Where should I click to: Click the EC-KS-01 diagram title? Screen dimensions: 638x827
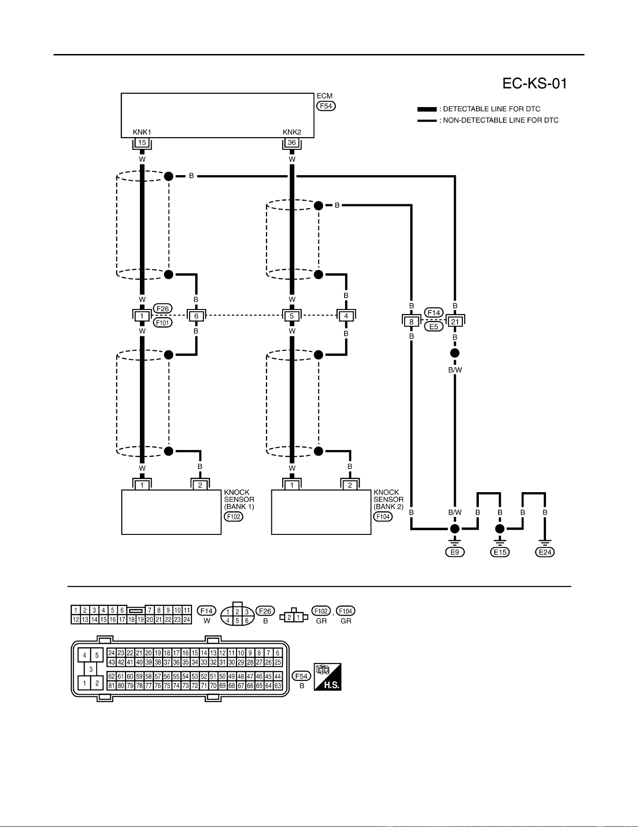[535, 84]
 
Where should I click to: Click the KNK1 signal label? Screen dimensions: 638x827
[142, 132]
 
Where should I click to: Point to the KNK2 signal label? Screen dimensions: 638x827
[292, 132]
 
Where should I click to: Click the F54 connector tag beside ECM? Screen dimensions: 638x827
[326, 106]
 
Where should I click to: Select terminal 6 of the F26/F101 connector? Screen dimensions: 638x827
[196, 316]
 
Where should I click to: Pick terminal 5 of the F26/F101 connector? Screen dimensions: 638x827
[292, 316]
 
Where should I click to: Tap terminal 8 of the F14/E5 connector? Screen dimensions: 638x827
[411, 322]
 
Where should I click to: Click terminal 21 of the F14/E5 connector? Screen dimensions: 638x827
[455, 322]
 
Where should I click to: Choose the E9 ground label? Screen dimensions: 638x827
[454, 552]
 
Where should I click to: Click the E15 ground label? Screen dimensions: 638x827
[500, 552]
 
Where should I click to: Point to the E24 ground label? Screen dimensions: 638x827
[545, 552]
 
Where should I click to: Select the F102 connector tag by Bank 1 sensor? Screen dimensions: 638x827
[233, 517]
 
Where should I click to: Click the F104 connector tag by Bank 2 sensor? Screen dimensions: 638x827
[383, 517]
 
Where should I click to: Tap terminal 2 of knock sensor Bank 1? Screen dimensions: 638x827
[200, 485]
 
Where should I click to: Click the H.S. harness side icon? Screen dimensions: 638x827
[327, 677]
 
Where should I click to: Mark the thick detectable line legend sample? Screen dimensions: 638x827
[427, 109]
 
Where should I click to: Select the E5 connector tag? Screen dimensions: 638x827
[434, 326]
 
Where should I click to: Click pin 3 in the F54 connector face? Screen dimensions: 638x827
[91, 669]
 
